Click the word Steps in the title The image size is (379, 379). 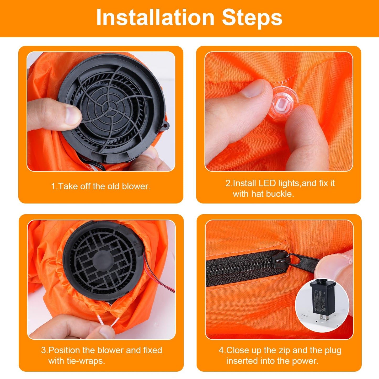(252, 18)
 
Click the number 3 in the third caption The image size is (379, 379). (44, 350)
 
